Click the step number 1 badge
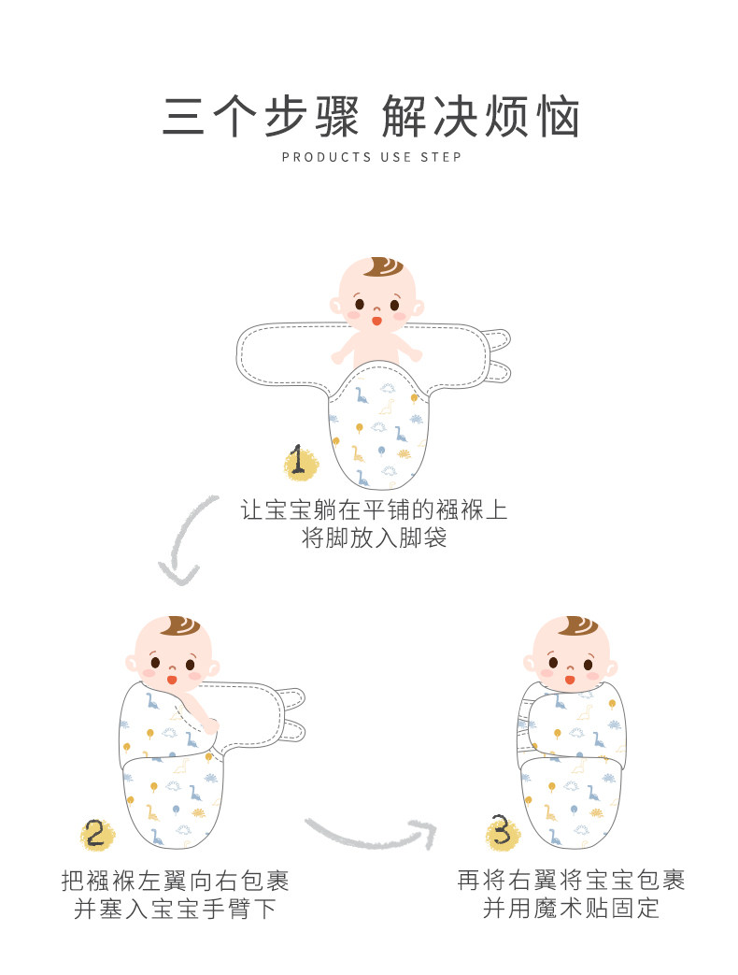coord(299,462)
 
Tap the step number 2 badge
coord(95,832)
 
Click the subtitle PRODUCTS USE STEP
coord(371,157)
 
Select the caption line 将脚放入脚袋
coord(375,539)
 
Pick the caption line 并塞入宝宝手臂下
coord(175,909)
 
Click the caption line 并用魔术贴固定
coord(571,909)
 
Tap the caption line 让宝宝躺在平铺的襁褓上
coord(375,510)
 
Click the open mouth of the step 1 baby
coord(376,321)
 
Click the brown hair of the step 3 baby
coord(567,629)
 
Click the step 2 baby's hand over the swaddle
coord(211,724)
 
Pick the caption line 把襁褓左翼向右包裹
coord(175,881)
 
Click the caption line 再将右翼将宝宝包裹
coord(571,881)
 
